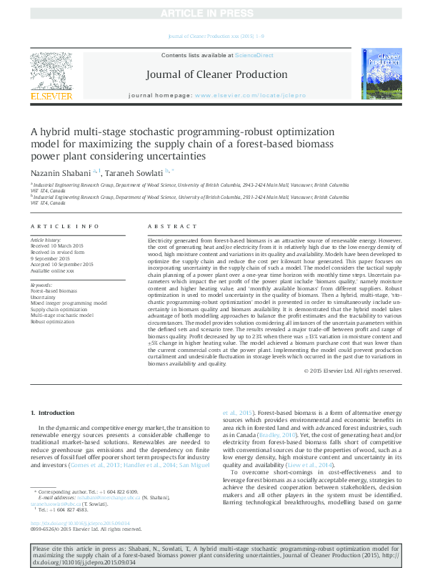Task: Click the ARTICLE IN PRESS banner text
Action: [x=212, y=14]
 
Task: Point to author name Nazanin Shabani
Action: [x=60, y=172]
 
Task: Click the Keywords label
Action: [x=42, y=285]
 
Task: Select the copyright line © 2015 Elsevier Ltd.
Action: [x=353, y=370]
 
